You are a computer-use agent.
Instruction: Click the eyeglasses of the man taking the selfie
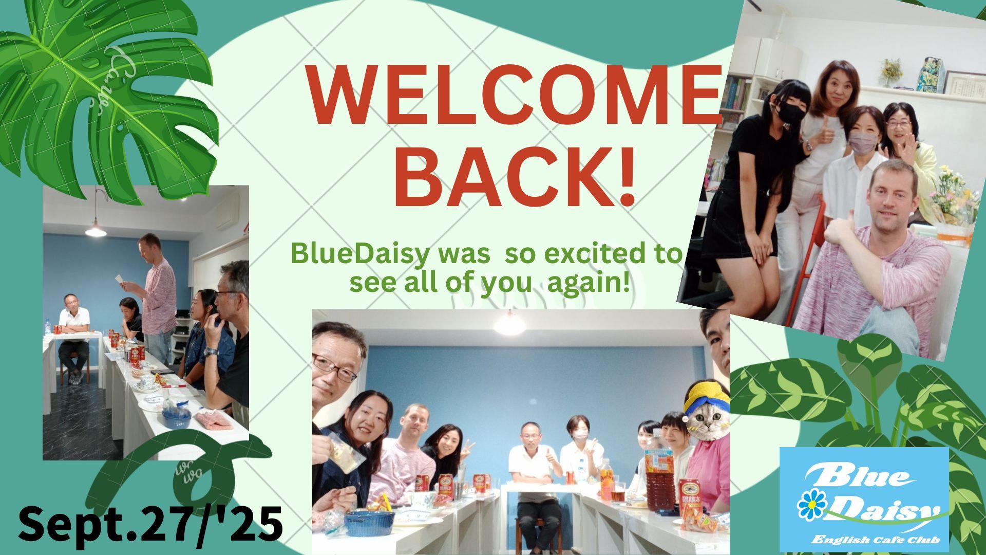tap(333, 368)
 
